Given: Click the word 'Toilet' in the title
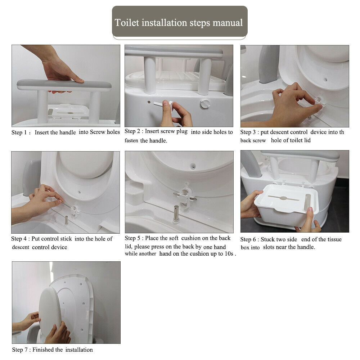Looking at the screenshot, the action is [x=127, y=23].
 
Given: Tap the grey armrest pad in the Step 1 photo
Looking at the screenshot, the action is [x=64, y=85].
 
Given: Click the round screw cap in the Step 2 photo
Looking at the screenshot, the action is [x=205, y=104].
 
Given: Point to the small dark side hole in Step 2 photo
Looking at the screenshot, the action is [x=149, y=102].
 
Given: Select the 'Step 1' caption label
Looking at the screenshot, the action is [x=19, y=132].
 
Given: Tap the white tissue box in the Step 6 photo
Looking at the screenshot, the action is [x=286, y=206].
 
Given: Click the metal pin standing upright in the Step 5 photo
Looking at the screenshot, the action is [x=176, y=213].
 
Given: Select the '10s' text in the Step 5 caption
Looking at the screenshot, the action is [x=229, y=254].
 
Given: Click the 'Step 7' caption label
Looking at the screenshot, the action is [x=20, y=350].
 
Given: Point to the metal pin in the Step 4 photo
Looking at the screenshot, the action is [x=66, y=220].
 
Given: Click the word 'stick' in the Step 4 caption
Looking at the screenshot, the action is [x=66, y=239].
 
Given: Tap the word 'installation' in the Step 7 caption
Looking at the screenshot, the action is [x=79, y=350].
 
